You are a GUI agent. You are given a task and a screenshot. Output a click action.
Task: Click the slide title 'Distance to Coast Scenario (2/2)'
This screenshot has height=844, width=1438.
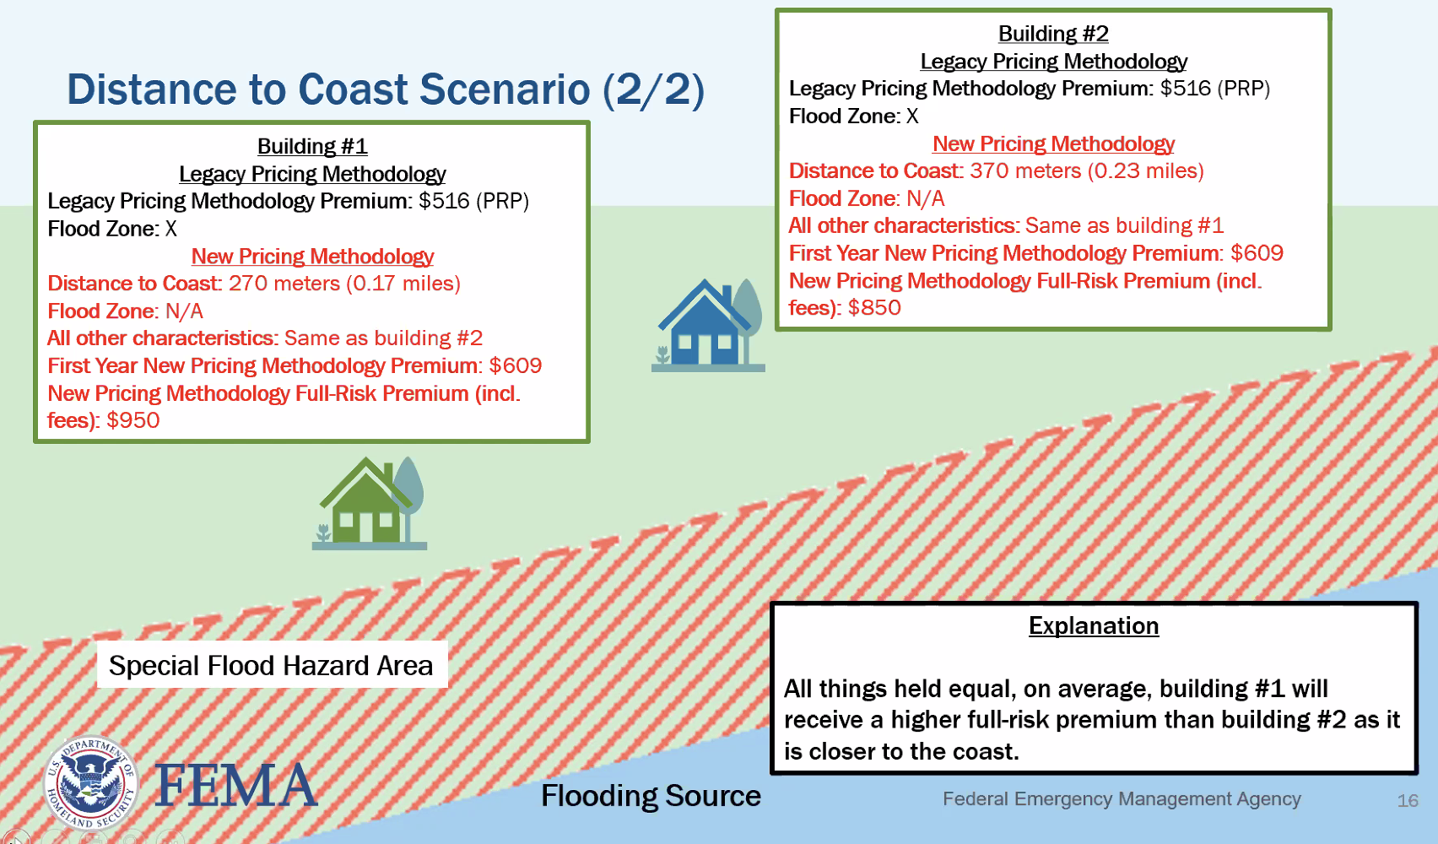[x=385, y=90]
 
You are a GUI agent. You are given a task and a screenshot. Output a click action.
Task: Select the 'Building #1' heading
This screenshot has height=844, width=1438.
[x=312, y=146]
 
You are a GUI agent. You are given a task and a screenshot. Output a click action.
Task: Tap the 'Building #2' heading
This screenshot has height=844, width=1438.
[x=1053, y=34]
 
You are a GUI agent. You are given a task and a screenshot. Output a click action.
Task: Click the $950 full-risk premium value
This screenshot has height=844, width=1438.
[x=132, y=420]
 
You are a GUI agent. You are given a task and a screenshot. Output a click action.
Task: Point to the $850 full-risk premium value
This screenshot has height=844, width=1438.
[x=874, y=307]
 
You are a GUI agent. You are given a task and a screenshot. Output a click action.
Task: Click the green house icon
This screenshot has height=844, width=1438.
[x=370, y=504]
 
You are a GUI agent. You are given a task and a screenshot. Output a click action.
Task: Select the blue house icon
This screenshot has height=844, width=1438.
[x=708, y=326]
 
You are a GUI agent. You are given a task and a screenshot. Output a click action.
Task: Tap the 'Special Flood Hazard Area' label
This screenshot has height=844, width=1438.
[x=271, y=665]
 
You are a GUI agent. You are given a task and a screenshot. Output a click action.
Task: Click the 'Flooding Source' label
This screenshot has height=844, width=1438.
[x=651, y=796]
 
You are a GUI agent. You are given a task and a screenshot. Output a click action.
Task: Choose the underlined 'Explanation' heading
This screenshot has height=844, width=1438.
[x=1093, y=625]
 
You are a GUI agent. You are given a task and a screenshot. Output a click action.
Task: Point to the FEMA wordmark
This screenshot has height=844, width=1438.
[x=235, y=785]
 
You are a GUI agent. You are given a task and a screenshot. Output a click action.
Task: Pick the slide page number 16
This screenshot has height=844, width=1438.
[x=1408, y=800]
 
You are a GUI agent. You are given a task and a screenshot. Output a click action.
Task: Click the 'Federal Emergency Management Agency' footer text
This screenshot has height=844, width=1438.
[x=1122, y=798]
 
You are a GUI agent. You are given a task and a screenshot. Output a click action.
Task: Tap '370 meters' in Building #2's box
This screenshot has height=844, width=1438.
[x=1024, y=171]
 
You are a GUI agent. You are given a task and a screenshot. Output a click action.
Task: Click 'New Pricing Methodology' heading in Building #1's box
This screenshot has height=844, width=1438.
[x=312, y=257]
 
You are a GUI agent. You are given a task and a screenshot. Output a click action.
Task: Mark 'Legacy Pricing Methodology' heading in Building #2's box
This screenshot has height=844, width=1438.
[x=1053, y=62]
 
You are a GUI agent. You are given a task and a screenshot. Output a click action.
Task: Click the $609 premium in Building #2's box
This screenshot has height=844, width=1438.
[x=1257, y=253]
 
